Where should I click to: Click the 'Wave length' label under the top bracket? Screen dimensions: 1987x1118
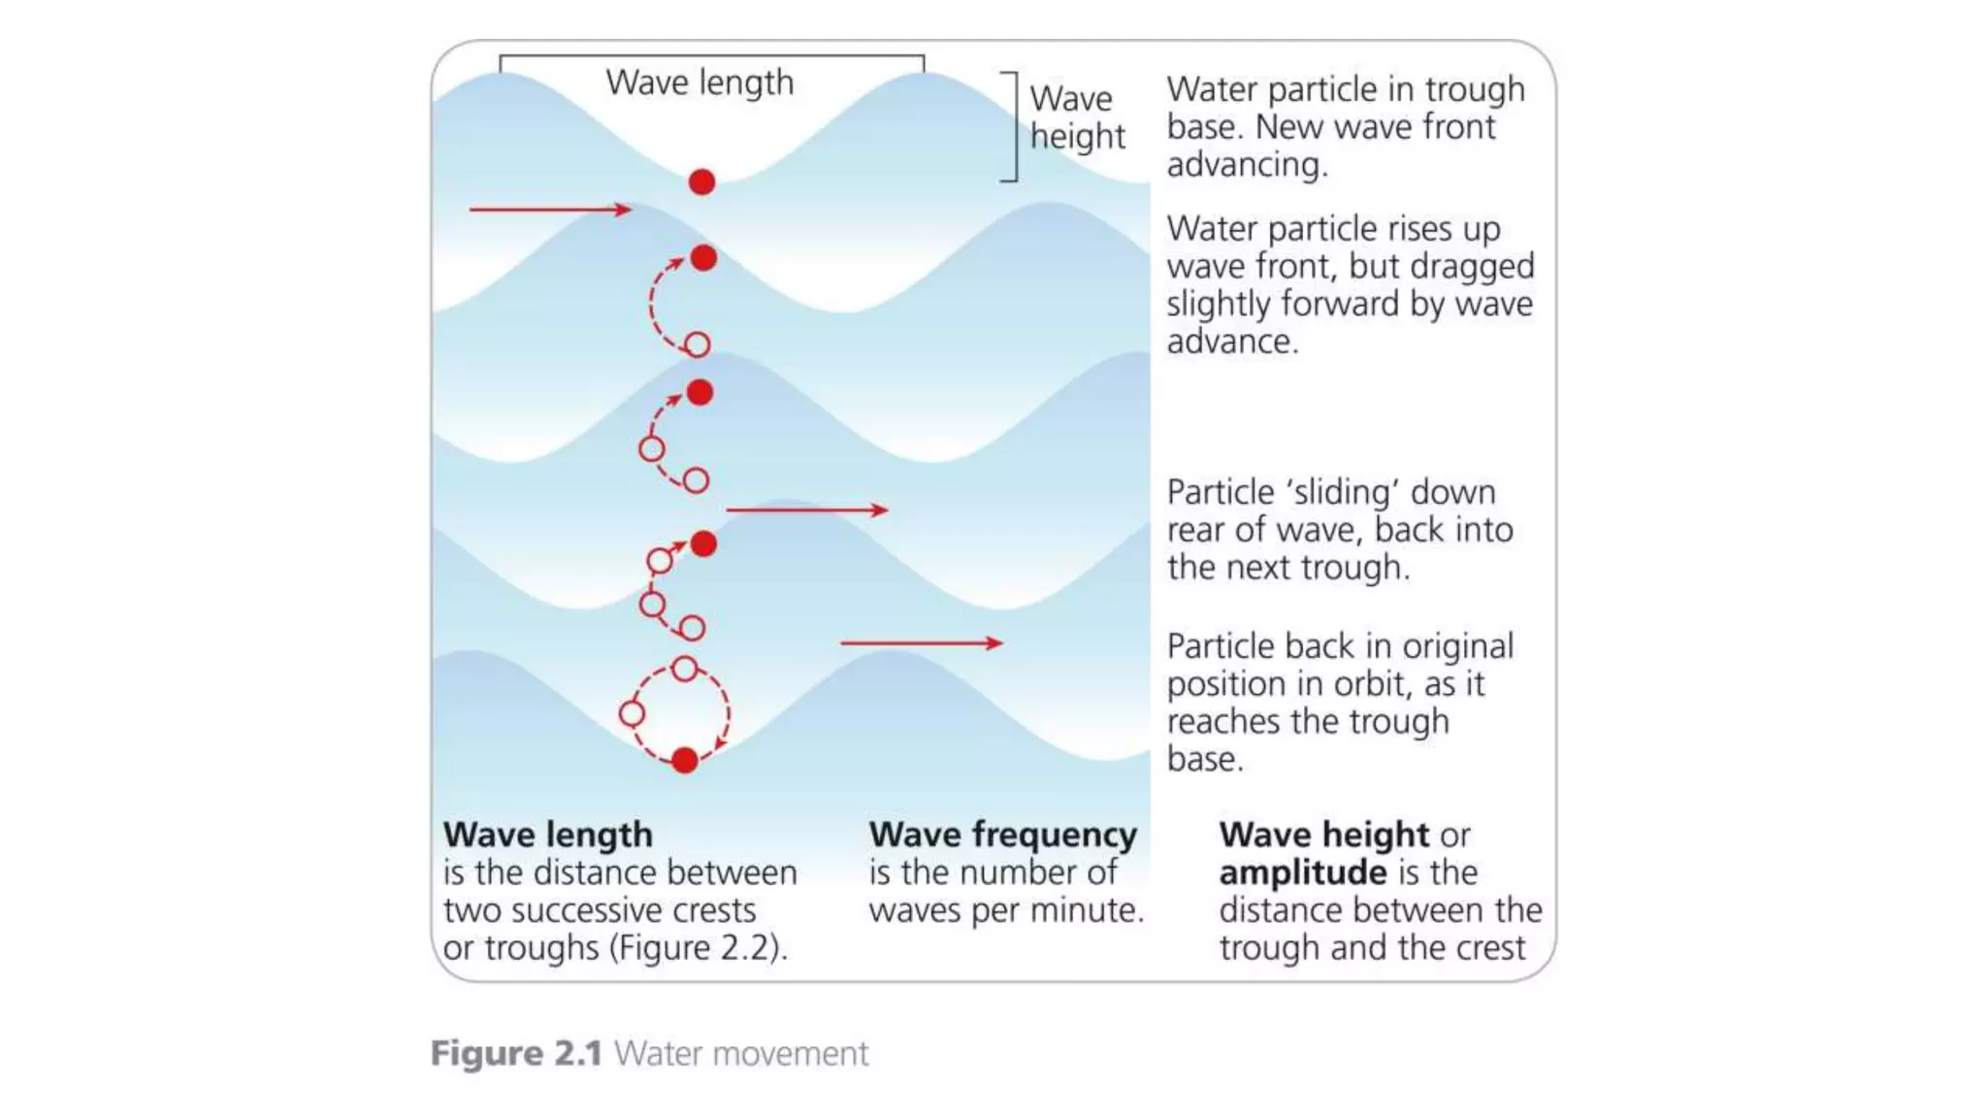[x=700, y=82]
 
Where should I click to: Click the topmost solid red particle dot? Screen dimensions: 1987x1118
[x=701, y=181]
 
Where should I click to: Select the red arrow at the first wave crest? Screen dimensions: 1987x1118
[x=549, y=209]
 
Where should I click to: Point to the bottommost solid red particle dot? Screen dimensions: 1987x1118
[x=685, y=760]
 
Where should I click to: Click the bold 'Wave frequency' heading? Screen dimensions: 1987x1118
[x=1002, y=835]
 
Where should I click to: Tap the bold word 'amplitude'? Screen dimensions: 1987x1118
[x=1302, y=872]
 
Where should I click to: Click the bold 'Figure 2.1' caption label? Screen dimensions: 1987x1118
[x=516, y=1053]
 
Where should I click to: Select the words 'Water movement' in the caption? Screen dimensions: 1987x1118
[x=741, y=1053]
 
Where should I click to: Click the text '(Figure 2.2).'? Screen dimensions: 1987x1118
[x=699, y=948]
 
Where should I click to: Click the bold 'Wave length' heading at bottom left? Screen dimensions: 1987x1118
[x=547, y=835]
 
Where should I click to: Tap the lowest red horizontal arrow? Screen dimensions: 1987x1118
[x=921, y=642]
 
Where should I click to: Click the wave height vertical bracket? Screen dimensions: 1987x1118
[x=1013, y=126]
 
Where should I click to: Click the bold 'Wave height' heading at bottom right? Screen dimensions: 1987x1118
[x=1323, y=835]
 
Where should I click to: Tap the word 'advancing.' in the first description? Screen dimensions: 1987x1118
[x=1247, y=165]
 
